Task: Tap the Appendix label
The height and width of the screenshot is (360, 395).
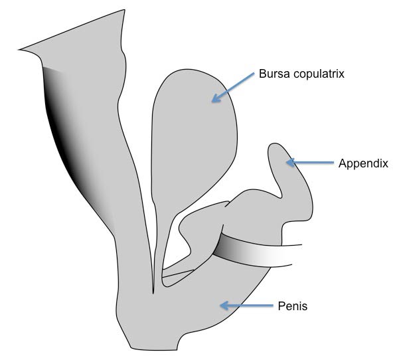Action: point(363,164)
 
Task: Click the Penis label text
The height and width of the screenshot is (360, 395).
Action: point(293,306)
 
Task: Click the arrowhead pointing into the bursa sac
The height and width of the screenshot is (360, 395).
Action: point(216,98)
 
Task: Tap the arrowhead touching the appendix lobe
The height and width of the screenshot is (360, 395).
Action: point(291,162)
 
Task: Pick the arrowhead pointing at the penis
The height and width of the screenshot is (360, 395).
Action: point(224,306)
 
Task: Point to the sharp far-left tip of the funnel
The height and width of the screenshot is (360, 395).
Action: point(19,50)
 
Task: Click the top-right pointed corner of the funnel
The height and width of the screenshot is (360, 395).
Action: point(124,10)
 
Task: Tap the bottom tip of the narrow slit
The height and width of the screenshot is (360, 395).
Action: point(153,294)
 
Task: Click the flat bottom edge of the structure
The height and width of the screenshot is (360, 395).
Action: point(154,350)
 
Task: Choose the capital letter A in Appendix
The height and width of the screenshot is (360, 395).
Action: point(343,163)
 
